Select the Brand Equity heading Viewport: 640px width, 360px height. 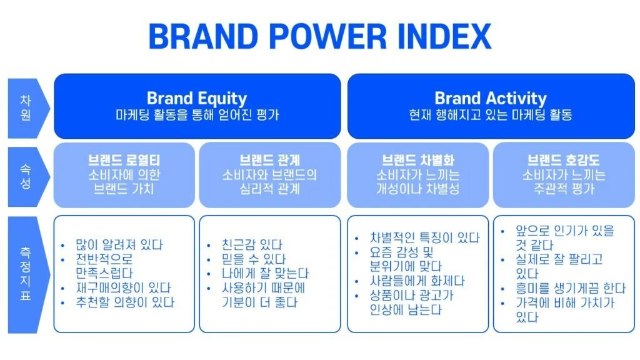197,98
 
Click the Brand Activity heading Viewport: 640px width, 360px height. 491,98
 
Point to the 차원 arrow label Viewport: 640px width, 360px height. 25,107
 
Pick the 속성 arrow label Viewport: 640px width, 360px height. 25,176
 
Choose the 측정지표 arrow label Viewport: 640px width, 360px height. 25,274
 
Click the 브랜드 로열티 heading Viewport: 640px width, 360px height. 124,159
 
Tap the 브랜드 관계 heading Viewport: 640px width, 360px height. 269,159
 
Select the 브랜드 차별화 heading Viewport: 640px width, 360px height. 418,159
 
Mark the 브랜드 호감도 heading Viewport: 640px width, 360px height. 564,159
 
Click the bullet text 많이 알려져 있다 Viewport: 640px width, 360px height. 119,245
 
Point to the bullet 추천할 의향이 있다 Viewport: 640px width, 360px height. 125,302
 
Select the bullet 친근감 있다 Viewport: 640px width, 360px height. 252,245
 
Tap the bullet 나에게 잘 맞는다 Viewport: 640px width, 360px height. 265,274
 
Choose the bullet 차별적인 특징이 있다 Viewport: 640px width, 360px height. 425,237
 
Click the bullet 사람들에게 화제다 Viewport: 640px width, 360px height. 417,281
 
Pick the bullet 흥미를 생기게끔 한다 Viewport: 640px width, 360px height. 571,289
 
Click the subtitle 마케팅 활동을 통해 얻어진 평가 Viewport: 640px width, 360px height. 197,115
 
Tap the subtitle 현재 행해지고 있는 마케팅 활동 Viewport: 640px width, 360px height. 491,115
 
